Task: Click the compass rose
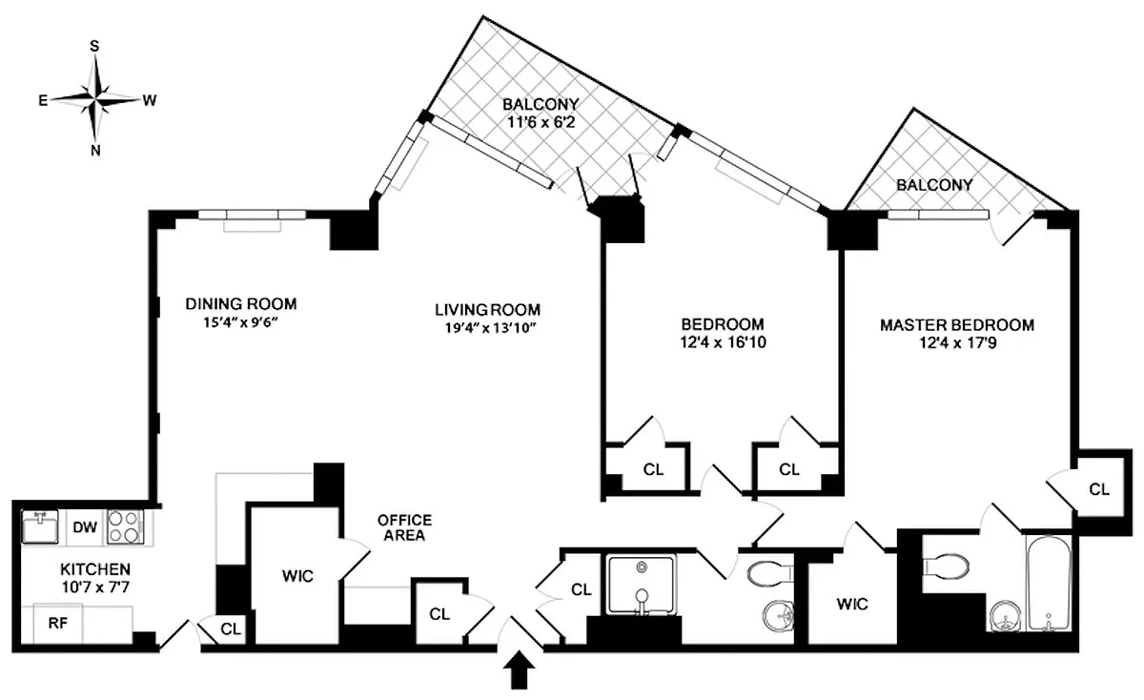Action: tap(95, 97)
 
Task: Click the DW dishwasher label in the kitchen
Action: tap(85, 526)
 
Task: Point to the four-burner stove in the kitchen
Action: tap(124, 526)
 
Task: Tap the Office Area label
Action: tap(404, 527)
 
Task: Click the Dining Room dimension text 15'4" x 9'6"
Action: tap(241, 322)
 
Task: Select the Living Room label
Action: tap(487, 310)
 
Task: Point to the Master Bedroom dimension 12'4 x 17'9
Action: tap(956, 341)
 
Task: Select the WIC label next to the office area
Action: tap(297, 576)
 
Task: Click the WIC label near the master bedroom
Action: tap(852, 604)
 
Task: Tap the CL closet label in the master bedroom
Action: tap(1099, 489)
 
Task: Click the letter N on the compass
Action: tap(95, 149)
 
